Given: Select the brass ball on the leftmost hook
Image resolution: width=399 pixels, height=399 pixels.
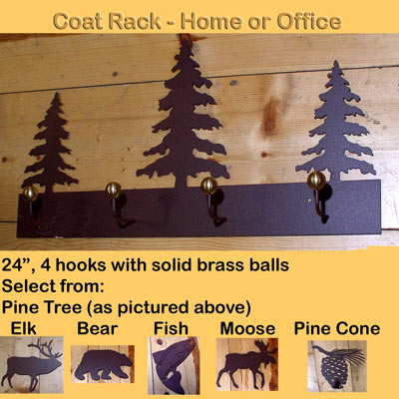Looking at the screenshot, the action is click(30, 193).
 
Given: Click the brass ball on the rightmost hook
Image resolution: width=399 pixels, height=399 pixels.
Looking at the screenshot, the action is click(316, 181).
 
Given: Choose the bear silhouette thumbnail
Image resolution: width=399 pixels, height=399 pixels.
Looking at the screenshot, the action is click(103, 364).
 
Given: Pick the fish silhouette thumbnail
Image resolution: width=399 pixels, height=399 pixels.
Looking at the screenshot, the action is click(174, 365).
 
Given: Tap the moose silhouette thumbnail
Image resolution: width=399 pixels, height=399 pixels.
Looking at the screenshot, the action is click(247, 365).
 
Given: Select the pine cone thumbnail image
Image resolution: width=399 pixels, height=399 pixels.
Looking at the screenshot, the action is click(337, 366).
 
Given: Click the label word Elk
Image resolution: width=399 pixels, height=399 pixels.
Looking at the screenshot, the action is click(23, 328).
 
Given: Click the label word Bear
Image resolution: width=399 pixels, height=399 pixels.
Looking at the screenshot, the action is click(98, 328).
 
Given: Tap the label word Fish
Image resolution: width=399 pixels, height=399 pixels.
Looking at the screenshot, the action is click(171, 328).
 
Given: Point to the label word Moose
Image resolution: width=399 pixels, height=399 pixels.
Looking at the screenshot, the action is click(247, 328).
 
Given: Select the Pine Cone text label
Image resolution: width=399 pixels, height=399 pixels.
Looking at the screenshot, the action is click(337, 328).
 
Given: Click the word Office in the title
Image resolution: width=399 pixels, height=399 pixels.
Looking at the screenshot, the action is click(309, 22).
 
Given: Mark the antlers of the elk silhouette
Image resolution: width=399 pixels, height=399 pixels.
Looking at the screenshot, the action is click(47, 348).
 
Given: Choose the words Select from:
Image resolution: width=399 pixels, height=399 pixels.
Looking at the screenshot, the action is click(53, 286).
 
